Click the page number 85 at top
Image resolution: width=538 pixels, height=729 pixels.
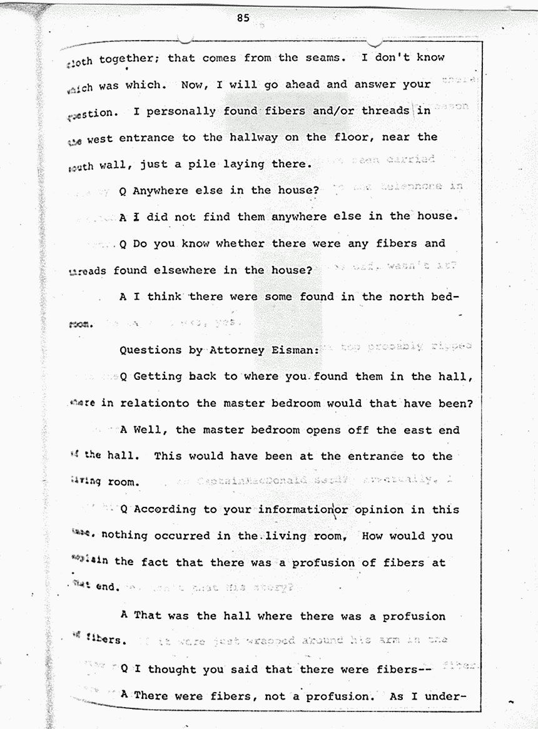point(243,18)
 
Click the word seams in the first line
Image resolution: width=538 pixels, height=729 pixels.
point(320,58)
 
